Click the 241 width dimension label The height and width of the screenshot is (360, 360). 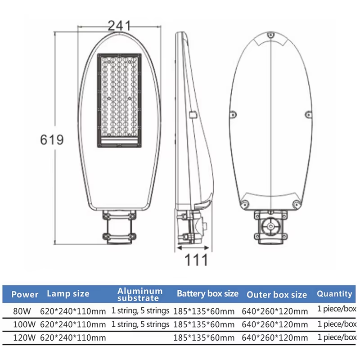(119, 26)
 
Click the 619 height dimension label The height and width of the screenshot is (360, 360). (52, 140)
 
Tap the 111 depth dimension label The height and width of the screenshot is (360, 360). (196, 260)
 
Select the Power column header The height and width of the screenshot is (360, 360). (25, 294)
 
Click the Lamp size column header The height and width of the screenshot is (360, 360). (68, 294)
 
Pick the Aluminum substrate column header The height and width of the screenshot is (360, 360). (140, 294)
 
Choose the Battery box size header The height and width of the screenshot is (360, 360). (207, 294)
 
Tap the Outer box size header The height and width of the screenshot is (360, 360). (277, 295)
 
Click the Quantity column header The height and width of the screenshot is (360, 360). (334, 294)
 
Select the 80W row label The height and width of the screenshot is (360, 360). (22, 311)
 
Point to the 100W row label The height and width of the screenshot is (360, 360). (24, 324)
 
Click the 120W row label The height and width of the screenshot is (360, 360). (24, 338)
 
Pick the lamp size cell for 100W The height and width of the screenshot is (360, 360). (73, 324)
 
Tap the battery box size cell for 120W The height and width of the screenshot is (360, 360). (204, 338)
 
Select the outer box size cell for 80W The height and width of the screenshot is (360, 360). (275, 311)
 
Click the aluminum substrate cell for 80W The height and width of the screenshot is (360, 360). (140, 310)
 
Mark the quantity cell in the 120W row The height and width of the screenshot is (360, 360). (337, 337)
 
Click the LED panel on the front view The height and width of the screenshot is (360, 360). (119, 100)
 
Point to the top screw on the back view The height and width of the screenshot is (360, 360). (271, 35)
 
